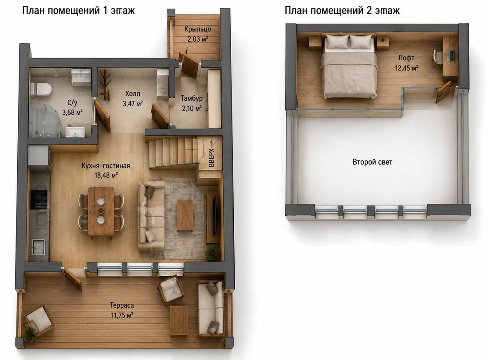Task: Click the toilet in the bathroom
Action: (x=40, y=89)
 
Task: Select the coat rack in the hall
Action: (x=105, y=85)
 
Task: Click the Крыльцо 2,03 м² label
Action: (x=197, y=34)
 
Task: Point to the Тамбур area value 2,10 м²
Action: (x=192, y=108)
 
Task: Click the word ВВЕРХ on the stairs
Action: (x=212, y=158)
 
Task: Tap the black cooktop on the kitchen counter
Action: (x=39, y=200)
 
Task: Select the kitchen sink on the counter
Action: (x=38, y=247)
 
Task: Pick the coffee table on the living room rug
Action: (x=185, y=215)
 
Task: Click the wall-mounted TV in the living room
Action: (x=214, y=215)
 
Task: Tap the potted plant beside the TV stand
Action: (x=213, y=252)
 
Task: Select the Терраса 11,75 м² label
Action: (x=122, y=310)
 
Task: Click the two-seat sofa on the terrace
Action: (x=211, y=308)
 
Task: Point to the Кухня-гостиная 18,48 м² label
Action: (x=106, y=170)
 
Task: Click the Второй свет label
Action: (x=372, y=162)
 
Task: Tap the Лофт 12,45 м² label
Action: (x=406, y=63)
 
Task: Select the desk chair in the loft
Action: (x=438, y=58)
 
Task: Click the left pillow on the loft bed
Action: (x=337, y=42)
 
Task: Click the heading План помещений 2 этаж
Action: (x=342, y=11)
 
